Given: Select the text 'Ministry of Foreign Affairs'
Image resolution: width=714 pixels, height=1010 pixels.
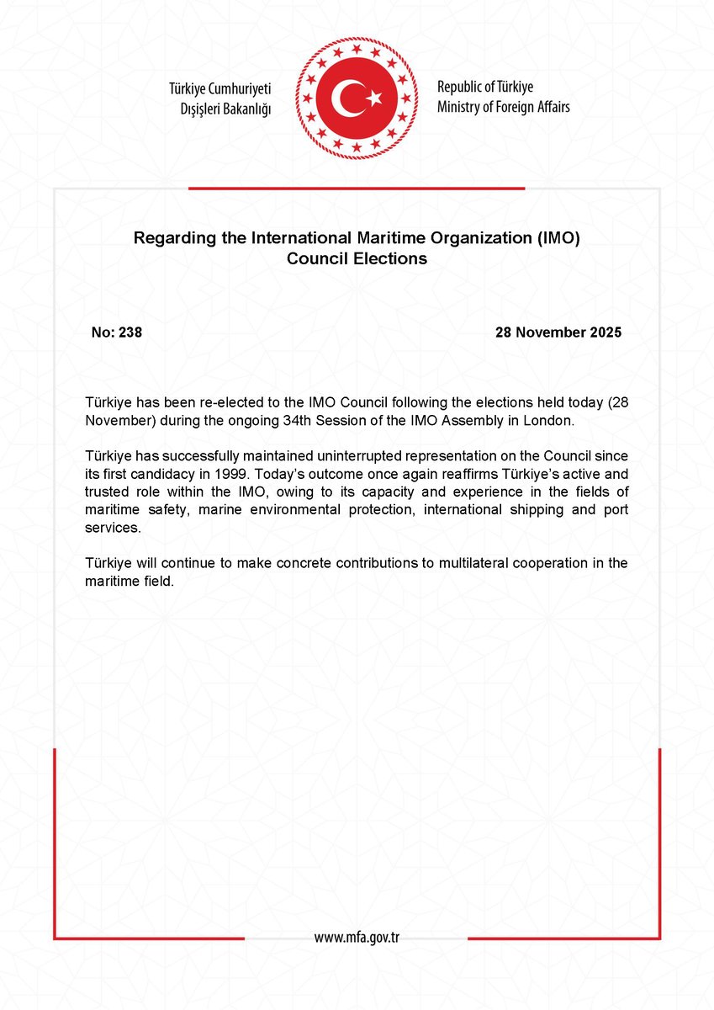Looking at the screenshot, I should tap(503, 107).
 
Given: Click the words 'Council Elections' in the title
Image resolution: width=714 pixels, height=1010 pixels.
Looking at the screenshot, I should tap(357, 259).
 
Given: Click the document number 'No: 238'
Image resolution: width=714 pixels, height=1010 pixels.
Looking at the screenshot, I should tap(116, 332).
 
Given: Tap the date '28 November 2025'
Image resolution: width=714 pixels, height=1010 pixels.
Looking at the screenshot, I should tap(558, 332).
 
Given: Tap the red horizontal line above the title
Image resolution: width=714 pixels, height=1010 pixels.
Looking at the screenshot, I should tap(357, 189).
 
